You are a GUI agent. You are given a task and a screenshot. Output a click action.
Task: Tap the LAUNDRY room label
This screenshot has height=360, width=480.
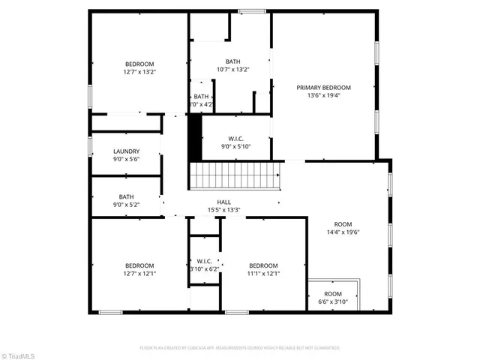[x=126, y=151]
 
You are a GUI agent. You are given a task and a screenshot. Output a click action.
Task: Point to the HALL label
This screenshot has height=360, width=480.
[x=223, y=202]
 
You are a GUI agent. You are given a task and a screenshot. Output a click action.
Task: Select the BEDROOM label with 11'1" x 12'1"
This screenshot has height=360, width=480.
[x=263, y=265]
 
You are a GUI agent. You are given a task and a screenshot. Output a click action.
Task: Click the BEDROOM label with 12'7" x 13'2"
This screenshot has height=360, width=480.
[x=139, y=64]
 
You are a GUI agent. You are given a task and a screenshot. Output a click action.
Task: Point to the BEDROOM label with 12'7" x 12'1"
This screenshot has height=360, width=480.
[x=139, y=265]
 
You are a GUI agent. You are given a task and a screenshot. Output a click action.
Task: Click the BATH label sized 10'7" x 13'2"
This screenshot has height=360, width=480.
[x=232, y=61]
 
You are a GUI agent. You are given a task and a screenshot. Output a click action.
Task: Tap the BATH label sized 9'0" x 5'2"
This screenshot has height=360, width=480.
[x=126, y=196]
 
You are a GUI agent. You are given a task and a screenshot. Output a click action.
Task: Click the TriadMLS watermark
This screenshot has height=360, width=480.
[x=19, y=353]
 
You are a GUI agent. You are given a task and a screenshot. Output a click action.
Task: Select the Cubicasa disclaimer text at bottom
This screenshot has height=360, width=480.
[x=240, y=348]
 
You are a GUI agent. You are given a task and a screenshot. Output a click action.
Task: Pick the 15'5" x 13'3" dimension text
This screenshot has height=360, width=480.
[x=223, y=210]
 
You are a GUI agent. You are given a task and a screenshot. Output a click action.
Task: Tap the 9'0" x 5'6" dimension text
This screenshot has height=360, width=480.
[x=126, y=159]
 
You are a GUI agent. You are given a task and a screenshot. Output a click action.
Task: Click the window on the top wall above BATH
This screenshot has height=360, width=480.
[x=252, y=10]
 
